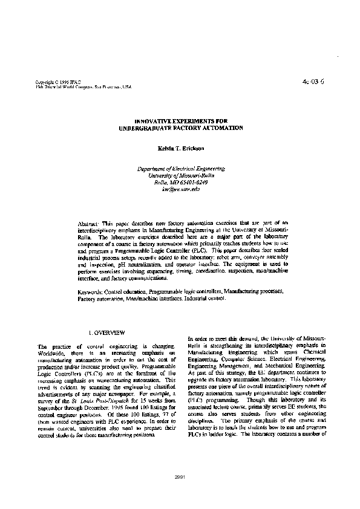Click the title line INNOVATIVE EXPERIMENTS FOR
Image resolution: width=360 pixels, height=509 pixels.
pos(181,122)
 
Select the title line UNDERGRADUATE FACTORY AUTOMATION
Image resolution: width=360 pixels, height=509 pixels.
pos(181,128)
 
